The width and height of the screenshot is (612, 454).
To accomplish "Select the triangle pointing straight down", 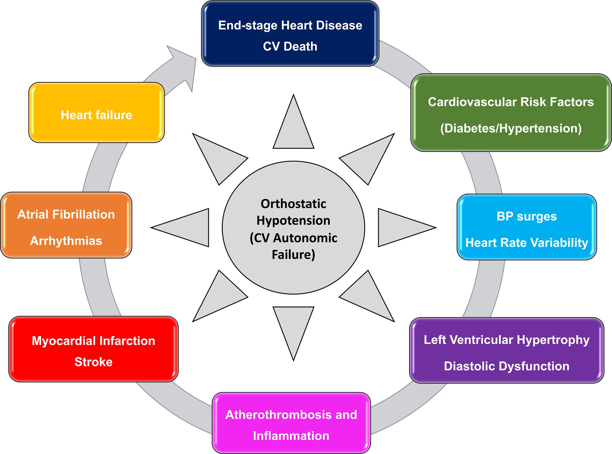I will (x=293, y=327).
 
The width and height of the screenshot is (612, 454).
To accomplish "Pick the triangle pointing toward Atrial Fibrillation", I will (x=187, y=228).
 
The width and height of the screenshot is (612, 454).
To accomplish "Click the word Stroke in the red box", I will (x=93, y=362).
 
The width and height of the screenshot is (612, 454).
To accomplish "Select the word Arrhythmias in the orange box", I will (x=66, y=241).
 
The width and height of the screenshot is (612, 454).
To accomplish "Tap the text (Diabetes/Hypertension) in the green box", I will (x=511, y=128).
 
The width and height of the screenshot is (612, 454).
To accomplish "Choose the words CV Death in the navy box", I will (x=290, y=46).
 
